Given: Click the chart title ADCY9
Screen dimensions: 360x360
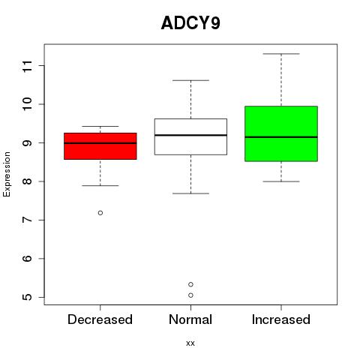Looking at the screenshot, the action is click(190, 23).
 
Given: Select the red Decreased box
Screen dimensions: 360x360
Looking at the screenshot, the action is click(100, 146).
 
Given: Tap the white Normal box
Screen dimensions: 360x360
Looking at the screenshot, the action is click(190, 136).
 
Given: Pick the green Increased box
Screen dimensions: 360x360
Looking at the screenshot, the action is click(281, 133).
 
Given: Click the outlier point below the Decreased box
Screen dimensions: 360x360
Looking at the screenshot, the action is click(100, 213).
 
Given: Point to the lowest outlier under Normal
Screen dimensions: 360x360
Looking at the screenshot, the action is click(190, 295).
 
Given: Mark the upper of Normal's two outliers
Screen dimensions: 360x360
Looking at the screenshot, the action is click(190, 284).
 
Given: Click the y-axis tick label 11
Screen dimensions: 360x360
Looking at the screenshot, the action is click(28, 66).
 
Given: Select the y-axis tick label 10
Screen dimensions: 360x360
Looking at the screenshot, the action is click(28, 104).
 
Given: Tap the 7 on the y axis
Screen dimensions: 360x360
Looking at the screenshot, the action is click(28, 220).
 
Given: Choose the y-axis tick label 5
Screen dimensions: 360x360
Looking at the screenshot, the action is click(28, 297).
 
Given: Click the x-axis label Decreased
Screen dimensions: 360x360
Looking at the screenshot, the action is click(100, 319).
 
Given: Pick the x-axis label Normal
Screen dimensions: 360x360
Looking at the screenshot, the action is click(190, 319).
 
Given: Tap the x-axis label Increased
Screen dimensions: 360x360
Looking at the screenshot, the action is click(281, 319).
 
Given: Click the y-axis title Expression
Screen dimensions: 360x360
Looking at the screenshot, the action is click(7, 174).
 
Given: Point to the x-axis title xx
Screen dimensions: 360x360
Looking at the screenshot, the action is click(190, 343).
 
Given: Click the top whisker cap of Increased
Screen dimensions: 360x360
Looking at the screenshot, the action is click(281, 54).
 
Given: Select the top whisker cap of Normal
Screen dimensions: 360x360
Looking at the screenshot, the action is click(190, 80).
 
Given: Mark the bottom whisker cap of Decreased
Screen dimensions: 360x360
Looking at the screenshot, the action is click(100, 186).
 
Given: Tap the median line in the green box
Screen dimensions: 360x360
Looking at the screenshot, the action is click(281, 137).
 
